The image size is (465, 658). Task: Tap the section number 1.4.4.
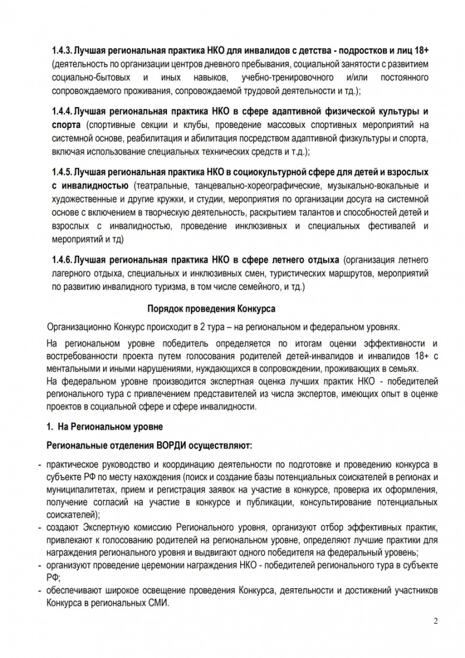pos(62,111)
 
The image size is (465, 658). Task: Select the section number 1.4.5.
pos(62,173)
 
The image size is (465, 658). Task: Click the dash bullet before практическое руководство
pos(38,465)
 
